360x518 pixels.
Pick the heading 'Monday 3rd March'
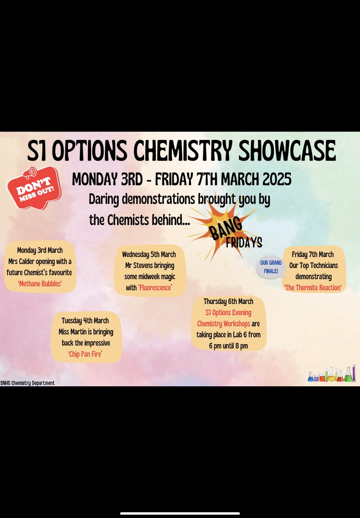40,250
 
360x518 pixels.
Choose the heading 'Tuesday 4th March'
85,320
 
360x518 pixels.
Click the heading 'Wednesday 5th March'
149,254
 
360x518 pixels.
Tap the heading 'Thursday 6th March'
228,301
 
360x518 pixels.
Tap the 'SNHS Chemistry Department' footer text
28,383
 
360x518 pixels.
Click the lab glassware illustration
332,374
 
